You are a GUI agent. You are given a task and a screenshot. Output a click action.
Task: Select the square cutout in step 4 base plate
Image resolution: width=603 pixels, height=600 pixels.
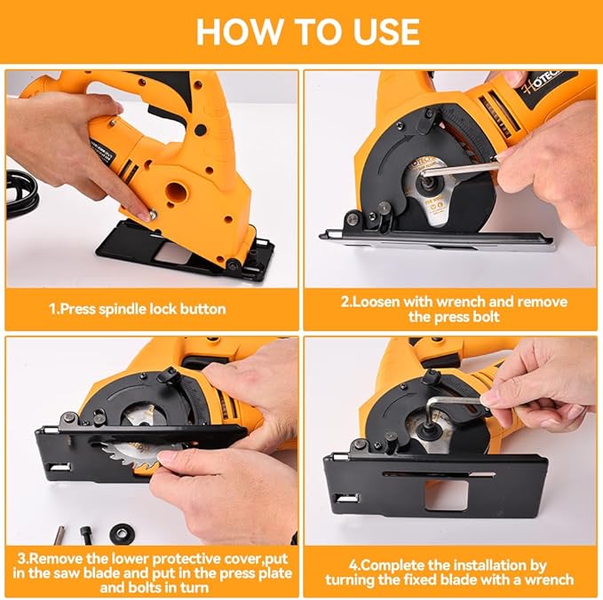tap(444, 496)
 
